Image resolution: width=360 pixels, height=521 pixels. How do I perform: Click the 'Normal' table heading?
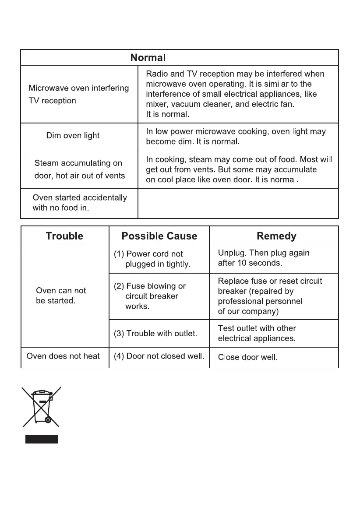coord(148,57)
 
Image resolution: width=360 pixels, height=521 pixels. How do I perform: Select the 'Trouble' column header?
coord(64,236)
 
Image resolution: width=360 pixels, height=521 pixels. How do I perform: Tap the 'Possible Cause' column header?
coord(159,236)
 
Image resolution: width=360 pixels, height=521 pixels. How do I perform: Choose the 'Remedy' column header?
coord(276,236)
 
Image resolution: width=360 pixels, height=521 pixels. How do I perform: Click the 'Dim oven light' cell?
coord(73,136)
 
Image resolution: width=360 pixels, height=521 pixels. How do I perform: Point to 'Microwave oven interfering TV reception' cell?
coord(79,94)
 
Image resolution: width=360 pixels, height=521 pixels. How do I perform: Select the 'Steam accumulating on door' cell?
coord(79,169)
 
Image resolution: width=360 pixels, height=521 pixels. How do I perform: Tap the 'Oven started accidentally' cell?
coord(80,203)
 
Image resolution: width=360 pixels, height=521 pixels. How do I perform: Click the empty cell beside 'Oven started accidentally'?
coord(238,203)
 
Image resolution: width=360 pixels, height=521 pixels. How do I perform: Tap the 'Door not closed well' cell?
coord(159,356)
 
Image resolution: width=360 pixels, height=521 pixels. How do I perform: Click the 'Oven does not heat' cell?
coord(64,356)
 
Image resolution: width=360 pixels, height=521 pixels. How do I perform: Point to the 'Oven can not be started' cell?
coord(61,296)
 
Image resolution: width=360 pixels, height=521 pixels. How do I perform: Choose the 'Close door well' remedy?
coord(247,357)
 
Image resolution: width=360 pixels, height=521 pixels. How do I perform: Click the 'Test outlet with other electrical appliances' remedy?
coord(257,333)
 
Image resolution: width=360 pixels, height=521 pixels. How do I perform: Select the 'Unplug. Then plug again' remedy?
coord(264,258)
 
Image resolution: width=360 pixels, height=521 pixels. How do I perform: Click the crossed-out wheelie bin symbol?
coord(42,406)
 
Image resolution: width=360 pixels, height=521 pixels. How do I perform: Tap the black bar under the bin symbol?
coord(41,440)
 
